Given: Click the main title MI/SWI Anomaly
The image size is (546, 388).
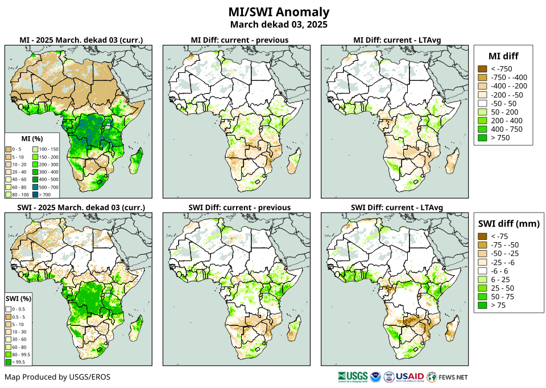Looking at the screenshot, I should click(279, 12).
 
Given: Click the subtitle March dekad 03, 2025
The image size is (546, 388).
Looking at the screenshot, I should click(279, 24).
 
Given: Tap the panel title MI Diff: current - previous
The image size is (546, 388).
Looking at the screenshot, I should click(239, 40).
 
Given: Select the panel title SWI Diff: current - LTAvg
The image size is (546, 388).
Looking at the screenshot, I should click(397, 207).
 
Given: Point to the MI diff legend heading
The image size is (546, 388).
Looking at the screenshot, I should click(503, 56).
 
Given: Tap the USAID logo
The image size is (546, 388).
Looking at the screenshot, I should click(409, 377).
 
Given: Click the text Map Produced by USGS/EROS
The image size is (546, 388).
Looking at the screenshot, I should click(57, 377).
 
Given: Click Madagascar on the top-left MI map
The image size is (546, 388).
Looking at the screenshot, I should click(136, 159).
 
